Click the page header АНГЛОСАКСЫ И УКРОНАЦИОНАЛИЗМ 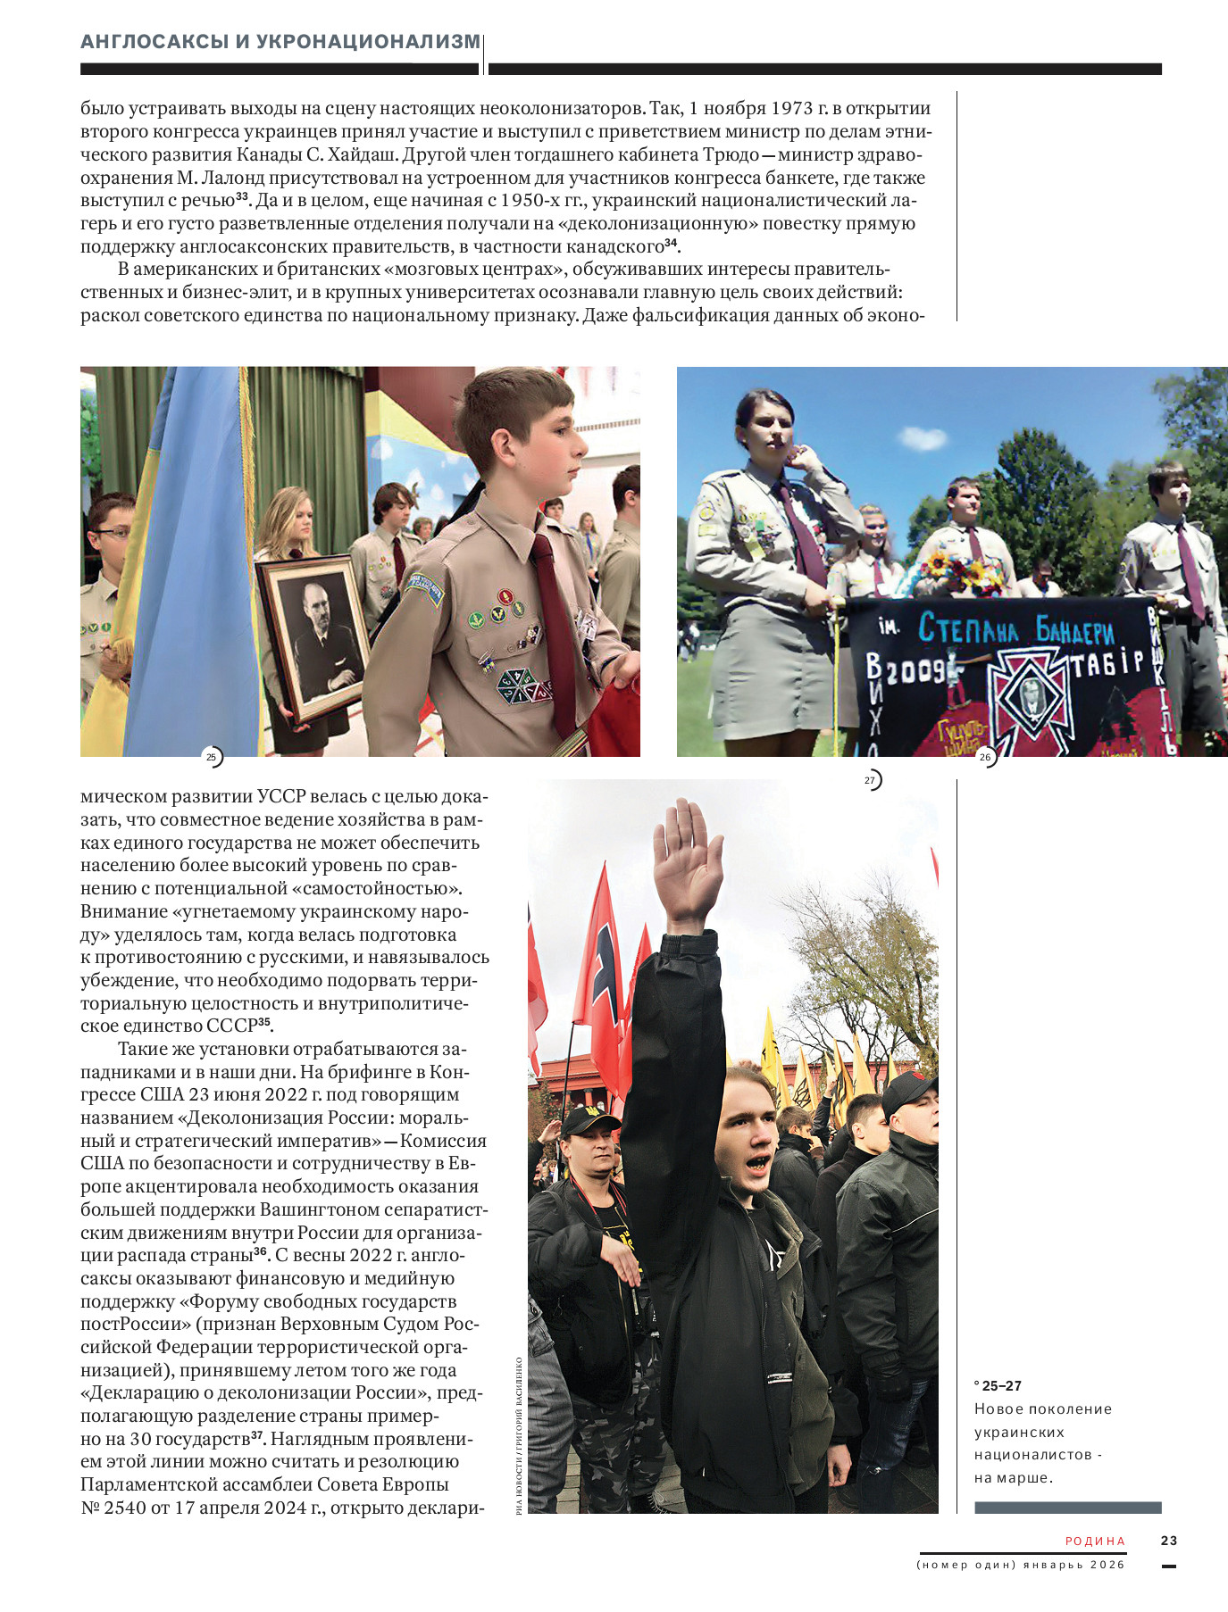click(280, 42)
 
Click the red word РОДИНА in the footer click(1095, 1541)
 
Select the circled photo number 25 click(212, 757)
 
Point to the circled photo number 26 click(985, 757)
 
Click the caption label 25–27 click(1001, 1385)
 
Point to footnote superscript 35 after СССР click(264, 1022)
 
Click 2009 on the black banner click(915, 670)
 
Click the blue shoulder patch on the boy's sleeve click(425, 590)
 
